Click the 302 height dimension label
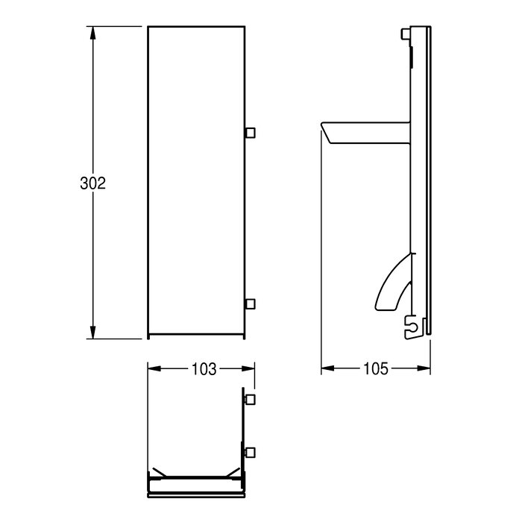pos(93,183)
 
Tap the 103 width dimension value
pos(204,369)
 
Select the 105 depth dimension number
pos(376,368)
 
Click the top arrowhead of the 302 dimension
pos(93,33)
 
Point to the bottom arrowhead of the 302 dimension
pos(93,332)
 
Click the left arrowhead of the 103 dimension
pos(154,368)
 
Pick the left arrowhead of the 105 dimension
pos(328,368)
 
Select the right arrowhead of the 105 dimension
pos(424,368)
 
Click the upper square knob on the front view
pos(250,133)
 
